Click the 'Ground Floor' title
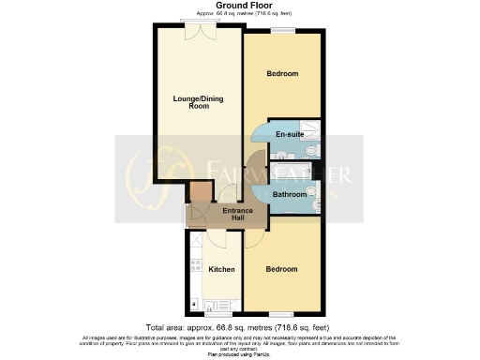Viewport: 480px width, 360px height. (x=239, y=6)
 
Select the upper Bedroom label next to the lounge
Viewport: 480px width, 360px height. (x=281, y=74)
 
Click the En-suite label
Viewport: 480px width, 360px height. (x=288, y=135)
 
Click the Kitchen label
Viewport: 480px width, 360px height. (x=221, y=270)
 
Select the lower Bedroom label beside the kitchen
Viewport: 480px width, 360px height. (x=281, y=269)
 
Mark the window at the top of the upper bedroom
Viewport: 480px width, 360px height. (x=282, y=32)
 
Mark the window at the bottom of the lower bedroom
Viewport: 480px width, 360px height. (x=281, y=313)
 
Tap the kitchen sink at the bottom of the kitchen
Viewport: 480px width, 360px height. (x=211, y=304)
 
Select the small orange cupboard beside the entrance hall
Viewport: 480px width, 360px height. (x=198, y=193)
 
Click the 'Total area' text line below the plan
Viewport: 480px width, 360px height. (x=239, y=326)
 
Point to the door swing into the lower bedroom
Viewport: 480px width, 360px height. (x=254, y=236)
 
